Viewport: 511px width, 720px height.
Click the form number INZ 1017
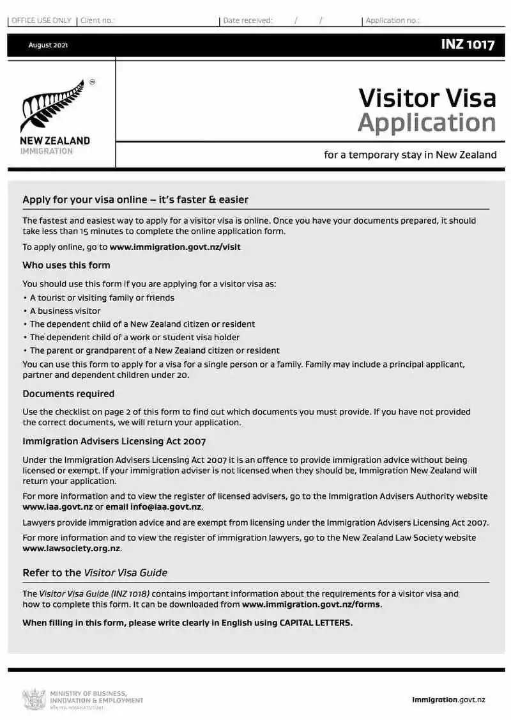point(467,45)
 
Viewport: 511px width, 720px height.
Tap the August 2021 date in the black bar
point(48,45)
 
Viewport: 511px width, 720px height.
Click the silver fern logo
point(54,106)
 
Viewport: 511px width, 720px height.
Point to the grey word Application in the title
point(427,123)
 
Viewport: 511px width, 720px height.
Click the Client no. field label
point(96,20)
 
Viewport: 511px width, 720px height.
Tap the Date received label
point(248,20)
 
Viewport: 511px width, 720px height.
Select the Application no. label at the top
point(392,20)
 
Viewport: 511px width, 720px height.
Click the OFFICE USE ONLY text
point(42,20)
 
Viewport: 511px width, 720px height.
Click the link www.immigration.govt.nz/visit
point(175,247)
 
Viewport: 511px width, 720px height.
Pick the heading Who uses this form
point(66,265)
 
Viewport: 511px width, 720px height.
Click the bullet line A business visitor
point(65,311)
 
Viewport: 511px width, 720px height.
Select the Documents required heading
point(68,394)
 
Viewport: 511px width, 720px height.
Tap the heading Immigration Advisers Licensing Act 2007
point(114,441)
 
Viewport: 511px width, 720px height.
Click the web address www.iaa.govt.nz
point(57,507)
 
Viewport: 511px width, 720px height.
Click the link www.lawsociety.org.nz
point(72,549)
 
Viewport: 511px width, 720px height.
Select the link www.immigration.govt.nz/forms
point(311,604)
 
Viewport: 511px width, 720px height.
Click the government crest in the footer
point(34,699)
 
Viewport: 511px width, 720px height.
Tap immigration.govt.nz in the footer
point(448,700)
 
